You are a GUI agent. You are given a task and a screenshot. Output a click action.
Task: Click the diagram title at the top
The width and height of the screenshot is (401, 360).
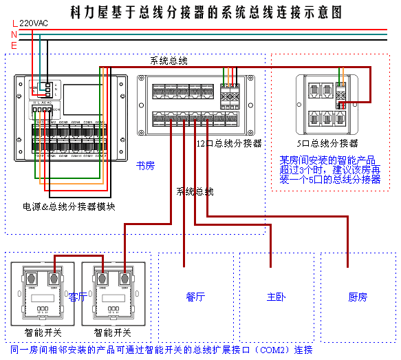pyautogui.click(x=206, y=12)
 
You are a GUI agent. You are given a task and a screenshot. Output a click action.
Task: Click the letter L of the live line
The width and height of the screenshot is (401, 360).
pyautogui.click(x=14, y=23)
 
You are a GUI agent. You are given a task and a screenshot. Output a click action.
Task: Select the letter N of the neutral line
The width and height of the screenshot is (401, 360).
pyautogui.click(x=14, y=34)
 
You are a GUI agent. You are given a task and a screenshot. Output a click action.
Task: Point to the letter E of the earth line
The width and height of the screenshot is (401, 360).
pyautogui.click(x=14, y=45)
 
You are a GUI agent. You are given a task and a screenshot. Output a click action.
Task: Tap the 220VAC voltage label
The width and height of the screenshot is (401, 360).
pyautogui.click(x=34, y=23)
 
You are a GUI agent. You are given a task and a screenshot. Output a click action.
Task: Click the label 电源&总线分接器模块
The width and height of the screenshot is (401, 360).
pyautogui.click(x=68, y=207)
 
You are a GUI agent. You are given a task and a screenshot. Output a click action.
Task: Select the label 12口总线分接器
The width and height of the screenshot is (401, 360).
pyautogui.click(x=230, y=144)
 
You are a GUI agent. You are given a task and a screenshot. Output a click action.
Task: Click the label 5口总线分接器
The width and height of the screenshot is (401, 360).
pyautogui.click(x=327, y=144)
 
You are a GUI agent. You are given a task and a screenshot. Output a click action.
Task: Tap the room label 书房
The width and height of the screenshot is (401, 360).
pyautogui.click(x=144, y=166)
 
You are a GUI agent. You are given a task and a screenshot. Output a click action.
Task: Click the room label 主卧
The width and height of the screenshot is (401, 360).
pyautogui.click(x=276, y=297)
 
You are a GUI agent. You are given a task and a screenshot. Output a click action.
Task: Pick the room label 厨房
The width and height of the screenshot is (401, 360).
pyautogui.click(x=358, y=297)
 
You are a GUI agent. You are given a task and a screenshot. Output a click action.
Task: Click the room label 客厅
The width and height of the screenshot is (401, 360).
pyautogui.click(x=78, y=297)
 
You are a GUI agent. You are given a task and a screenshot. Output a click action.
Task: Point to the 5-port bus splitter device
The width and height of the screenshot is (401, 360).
pyautogui.click(x=327, y=100)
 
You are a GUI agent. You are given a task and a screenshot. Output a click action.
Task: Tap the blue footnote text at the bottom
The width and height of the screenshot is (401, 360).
pyautogui.click(x=162, y=350)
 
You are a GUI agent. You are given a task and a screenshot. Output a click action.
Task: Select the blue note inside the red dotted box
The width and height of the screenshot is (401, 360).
pyautogui.click(x=329, y=169)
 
